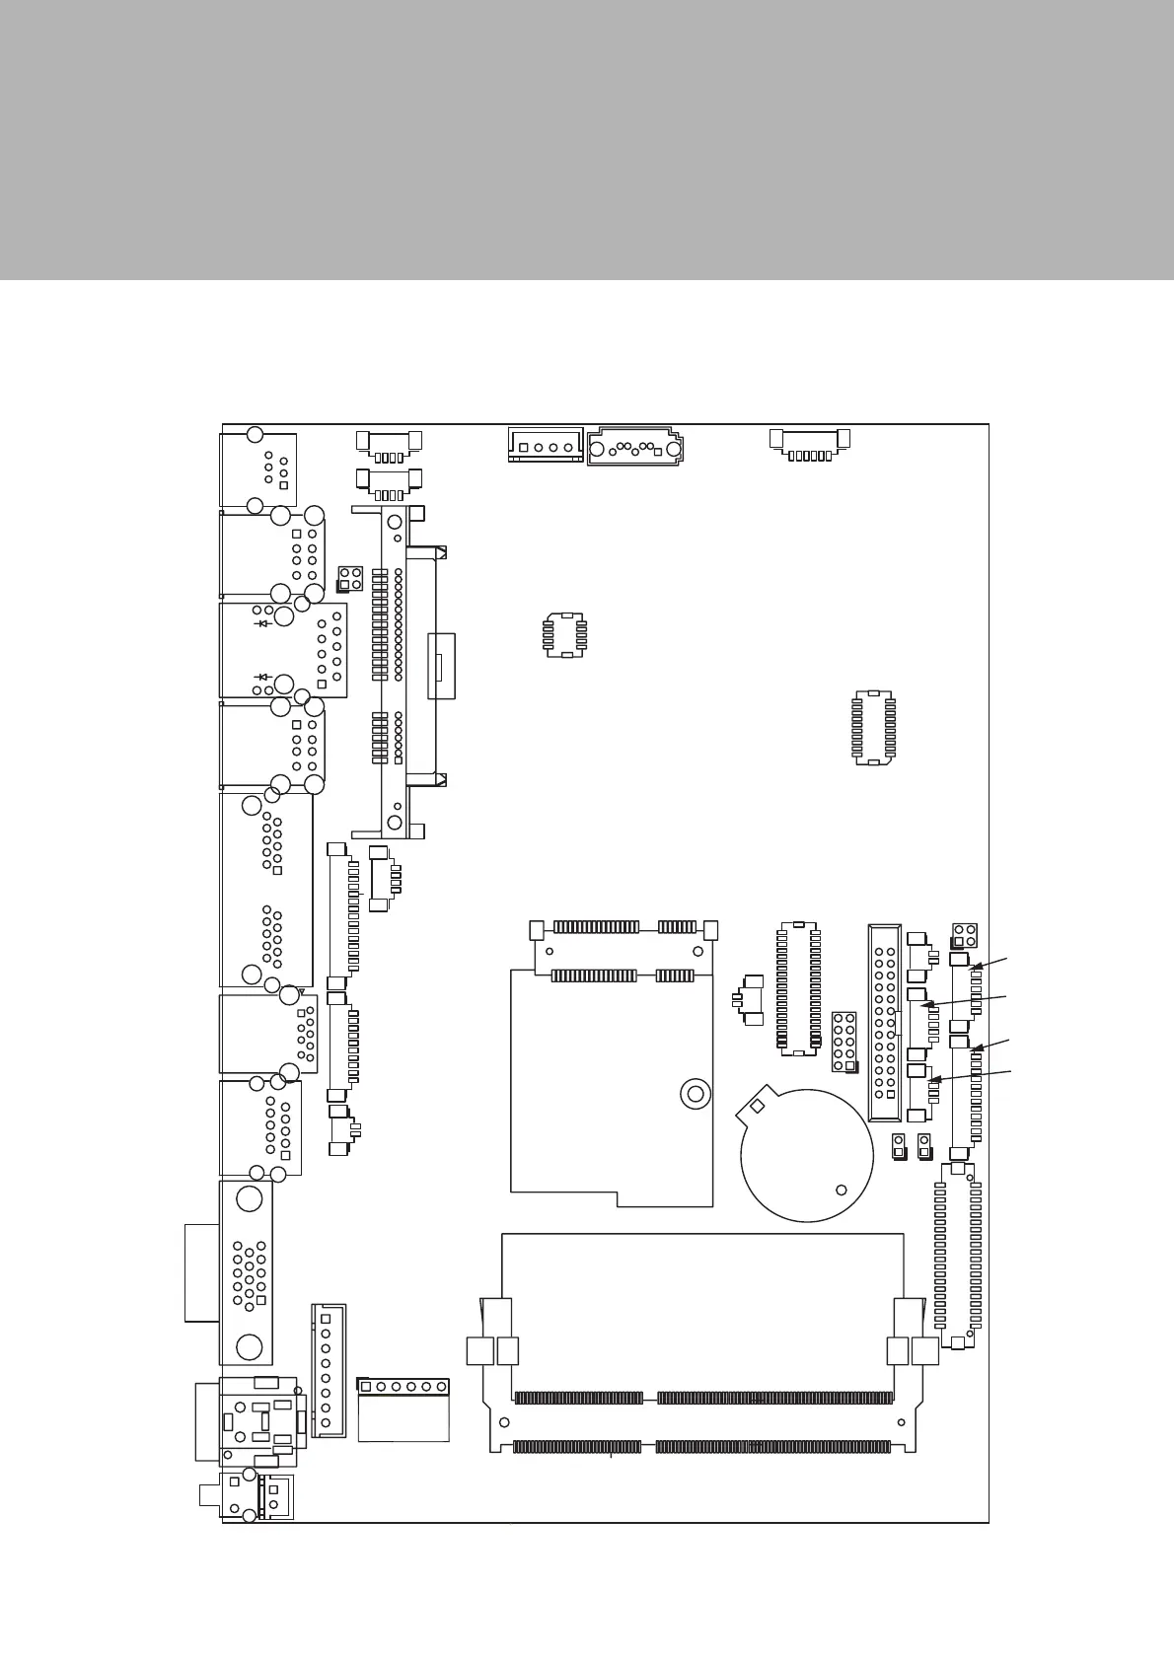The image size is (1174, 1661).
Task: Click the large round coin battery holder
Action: tap(807, 1155)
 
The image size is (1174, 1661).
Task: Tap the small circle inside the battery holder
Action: tap(841, 1189)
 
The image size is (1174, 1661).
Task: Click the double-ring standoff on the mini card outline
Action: tap(695, 1093)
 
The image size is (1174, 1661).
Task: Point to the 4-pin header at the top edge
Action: tap(545, 445)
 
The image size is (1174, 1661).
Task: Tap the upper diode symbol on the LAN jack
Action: tap(262, 623)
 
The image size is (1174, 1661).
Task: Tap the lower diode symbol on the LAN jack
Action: tap(262, 677)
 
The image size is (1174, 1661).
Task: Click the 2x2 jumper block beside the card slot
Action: tap(350, 578)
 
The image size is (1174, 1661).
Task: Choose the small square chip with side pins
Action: tap(565, 633)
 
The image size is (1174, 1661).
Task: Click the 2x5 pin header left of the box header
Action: tap(844, 1041)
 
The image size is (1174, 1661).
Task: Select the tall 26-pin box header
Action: tap(884, 1022)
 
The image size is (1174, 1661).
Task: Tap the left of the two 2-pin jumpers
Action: tap(899, 1146)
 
